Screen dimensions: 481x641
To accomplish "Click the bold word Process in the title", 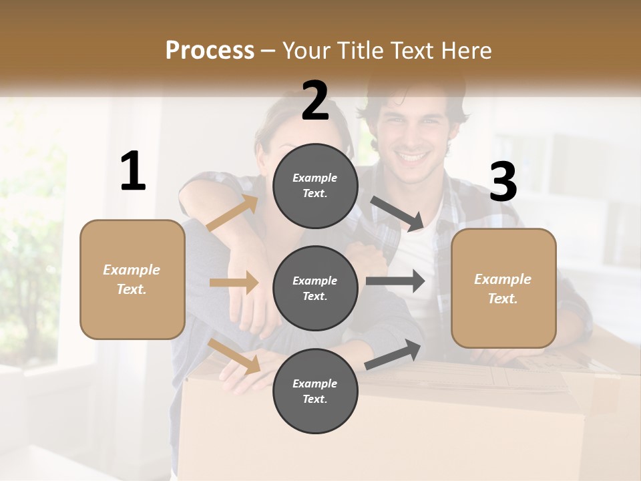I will [x=210, y=50].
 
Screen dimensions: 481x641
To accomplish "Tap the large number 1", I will [x=133, y=171].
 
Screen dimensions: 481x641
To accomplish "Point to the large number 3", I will [x=503, y=182].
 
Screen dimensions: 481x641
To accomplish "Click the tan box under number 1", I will [x=132, y=279].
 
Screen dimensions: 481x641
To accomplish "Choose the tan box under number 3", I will [x=503, y=289].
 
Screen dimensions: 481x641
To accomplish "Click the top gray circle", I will [x=315, y=186].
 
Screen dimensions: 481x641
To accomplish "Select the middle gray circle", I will [x=315, y=288].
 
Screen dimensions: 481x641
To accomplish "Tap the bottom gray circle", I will [x=315, y=391].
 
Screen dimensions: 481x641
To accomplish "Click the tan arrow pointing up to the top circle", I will [x=232, y=213].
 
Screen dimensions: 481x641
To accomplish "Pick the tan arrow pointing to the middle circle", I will [x=234, y=283].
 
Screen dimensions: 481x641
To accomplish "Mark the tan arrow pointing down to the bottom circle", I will [x=234, y=355].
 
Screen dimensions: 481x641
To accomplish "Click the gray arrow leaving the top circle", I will [x=398, y=213].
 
